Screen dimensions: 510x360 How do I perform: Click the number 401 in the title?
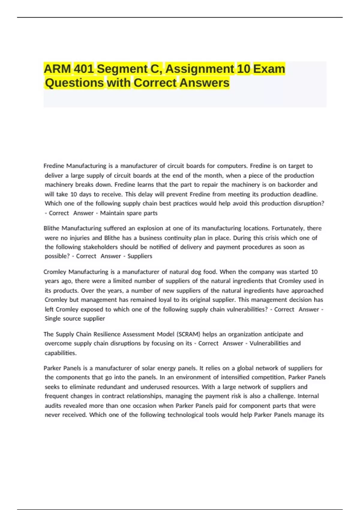pyautogui.click(x=84, y=69)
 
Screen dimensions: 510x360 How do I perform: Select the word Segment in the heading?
pyautogui.click(x=122, y=69)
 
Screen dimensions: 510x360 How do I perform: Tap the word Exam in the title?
pyautogui.click(x=269, y=69)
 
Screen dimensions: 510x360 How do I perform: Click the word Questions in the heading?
pyautogui.click(x=74, y=83)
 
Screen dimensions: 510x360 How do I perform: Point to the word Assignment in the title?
pyautogui.click(x=200, y=69)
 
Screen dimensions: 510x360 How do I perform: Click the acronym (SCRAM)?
pyautogui.click(x=188, y=334)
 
